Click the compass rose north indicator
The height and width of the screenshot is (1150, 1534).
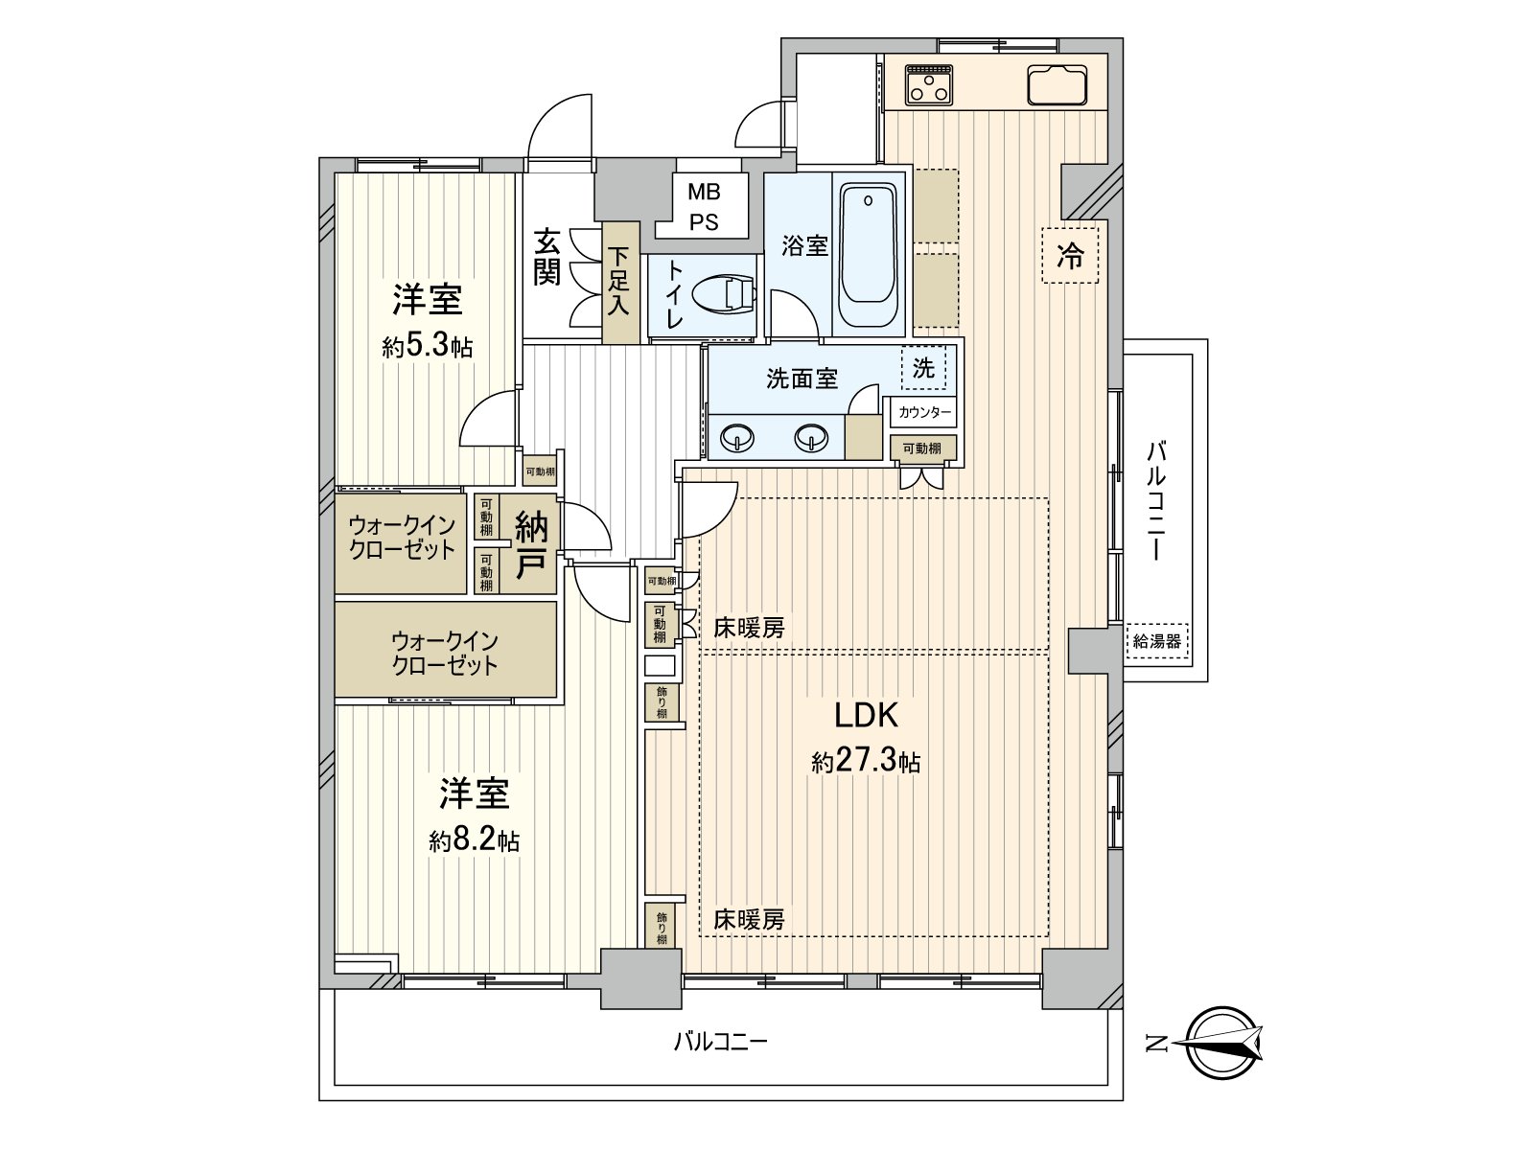pyautogui.click(x=1223, y=1044)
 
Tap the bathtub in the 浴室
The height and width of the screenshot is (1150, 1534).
pyautogui.click(x=868, y=256)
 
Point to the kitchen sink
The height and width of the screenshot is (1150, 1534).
pyautogui.click(x=1057, y=84)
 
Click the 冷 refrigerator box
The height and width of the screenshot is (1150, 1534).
pyautogui.click(x=1070, y=256)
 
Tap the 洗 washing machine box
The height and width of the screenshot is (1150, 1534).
pyautogui.click(x=923, y=368)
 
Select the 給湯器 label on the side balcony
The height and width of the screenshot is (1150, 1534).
pyautogui.click(x=1156, y=642)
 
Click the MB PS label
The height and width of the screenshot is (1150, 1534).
pyautogui.click(x=704, y=207)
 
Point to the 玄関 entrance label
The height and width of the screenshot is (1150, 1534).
pyautogui.click(x=547, y=257)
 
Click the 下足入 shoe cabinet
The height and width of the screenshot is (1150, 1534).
pyautogui.click(x=620, y=282)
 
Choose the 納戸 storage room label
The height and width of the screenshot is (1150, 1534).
pyautogui.click(x=531, y=545)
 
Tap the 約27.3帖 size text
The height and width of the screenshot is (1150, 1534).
pyautogui.click(x=866, y=762)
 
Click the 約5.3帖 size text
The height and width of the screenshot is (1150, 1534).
pyautogui.click(x=428, y=346)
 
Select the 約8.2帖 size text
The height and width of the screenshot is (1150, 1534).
pyautogui.click(x=475, y=841)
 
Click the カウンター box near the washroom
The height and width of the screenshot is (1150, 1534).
pyautogui.click(x=924, y=413)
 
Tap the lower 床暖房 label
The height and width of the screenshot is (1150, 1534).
pyautogui.click(x=749, y=920)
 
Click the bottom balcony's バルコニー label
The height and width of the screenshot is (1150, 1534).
pyautogui.click(x=720, y=1042)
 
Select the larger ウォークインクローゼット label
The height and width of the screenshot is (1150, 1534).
pyautogui.click(x=445, y=653)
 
